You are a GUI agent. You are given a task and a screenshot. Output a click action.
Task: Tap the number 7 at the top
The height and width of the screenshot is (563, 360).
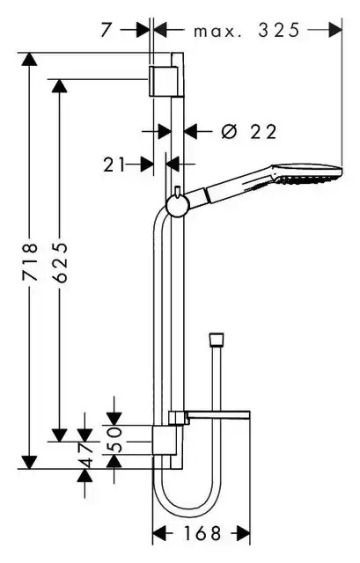(x=106, y=30)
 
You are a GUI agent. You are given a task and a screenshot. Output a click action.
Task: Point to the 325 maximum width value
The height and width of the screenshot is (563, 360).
(x=279, y=30)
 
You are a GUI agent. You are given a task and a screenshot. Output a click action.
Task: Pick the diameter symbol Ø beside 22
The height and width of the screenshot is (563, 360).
(x=230, y=131)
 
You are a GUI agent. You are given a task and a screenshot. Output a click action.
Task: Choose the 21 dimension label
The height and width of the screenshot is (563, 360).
(x=114, y=165)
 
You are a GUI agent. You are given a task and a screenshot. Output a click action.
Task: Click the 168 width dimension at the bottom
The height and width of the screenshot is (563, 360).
(x=202, y=534)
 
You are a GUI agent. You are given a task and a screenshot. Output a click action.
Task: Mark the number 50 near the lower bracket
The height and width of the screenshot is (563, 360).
(x=114, y=440)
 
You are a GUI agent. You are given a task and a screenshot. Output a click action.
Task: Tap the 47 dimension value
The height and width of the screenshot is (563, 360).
(x=85, y=455)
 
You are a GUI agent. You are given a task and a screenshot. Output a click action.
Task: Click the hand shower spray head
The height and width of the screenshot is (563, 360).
(x=305, y=174)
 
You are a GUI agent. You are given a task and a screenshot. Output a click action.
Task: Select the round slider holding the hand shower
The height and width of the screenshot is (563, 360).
(x=178, y=207)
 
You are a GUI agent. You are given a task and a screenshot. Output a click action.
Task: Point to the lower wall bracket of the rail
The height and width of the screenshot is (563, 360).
(x=165, y=440)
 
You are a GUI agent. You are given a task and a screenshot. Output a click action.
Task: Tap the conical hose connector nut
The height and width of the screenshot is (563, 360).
(x=217, y=339)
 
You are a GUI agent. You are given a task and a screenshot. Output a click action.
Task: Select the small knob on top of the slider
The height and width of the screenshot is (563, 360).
(x=177, y=191)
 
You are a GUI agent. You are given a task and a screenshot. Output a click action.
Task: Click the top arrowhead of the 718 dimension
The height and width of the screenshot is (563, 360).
(x=29, y=59)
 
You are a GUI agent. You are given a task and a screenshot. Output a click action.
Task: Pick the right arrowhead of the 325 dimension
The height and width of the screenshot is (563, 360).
(x=335, y=30)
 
